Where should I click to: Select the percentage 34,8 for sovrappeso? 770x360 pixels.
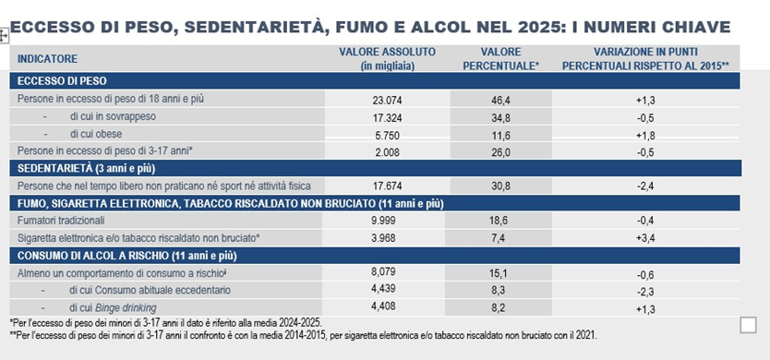click(x=503, y=117)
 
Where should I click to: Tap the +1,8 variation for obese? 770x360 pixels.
click(x=646, y=134)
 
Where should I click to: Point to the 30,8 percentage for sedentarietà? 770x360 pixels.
click(x=503, y=186)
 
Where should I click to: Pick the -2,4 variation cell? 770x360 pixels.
click(x=646, y=186)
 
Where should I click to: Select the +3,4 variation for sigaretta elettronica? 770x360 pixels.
click(x=646, y=237)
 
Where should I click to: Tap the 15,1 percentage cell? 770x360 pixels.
click(x=503, y=272)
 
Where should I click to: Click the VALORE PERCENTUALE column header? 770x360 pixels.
click(x=503, y=58)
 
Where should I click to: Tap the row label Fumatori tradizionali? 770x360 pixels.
click(x=61, y=221)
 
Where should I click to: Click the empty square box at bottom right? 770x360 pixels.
click(x=748, y=324)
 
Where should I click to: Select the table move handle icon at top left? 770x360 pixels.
click(x=6, y=35)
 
